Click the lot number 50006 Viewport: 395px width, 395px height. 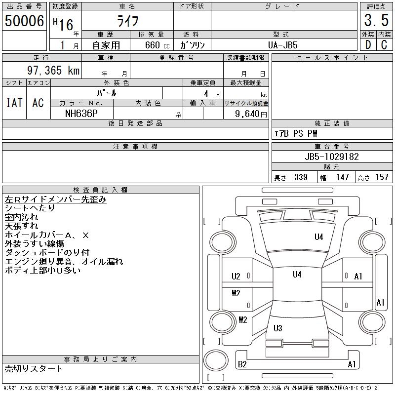24,21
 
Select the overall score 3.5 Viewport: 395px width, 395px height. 375,21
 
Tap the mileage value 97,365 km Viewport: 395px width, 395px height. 53,71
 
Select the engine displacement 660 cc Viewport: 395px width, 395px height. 152,45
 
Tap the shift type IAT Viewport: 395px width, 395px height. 14,103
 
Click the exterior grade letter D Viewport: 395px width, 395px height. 367,45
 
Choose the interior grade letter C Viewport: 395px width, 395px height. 384,45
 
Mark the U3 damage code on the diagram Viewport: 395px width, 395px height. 277,328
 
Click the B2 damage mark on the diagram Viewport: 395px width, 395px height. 242,364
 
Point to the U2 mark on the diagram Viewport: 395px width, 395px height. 236,276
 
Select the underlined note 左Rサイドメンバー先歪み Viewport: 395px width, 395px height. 55,199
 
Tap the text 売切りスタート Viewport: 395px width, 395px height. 34,368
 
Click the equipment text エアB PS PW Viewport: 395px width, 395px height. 296,133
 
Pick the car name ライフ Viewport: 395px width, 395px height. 127,21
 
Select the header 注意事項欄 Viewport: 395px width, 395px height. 135,147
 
